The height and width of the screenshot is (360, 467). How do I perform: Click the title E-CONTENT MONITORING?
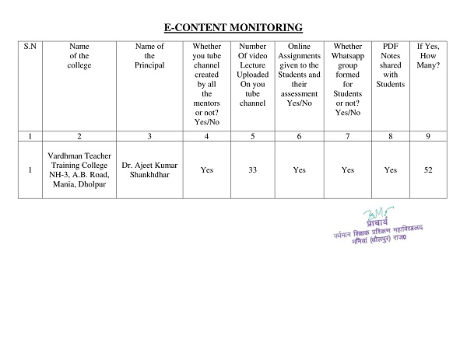coord(233,27)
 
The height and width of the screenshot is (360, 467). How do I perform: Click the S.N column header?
coord(29,47)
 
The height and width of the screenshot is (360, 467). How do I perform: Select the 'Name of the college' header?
coord(79,56)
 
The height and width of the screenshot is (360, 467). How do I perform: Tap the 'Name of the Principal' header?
coord(149,56)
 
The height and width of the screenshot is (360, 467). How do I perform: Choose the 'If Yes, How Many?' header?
coord(427,56)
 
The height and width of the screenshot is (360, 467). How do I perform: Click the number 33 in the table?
coord(252,170)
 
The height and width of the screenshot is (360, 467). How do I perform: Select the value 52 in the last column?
coord(427,170)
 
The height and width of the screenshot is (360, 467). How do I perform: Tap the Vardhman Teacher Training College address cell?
coord(79,170)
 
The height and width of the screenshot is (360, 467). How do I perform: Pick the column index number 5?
coord(252,137)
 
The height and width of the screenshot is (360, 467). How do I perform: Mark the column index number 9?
coord(427,137)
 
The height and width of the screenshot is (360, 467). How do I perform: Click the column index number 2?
coord(79,137)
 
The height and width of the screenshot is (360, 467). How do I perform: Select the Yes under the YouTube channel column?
coord(207,170)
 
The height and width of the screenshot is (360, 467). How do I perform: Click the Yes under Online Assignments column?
coord(299,170)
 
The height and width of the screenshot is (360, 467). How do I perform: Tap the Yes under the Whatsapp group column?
coord(348,170)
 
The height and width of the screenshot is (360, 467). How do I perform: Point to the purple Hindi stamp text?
coord(377,233)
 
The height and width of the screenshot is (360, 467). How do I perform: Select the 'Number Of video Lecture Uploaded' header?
coord(252,75)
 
